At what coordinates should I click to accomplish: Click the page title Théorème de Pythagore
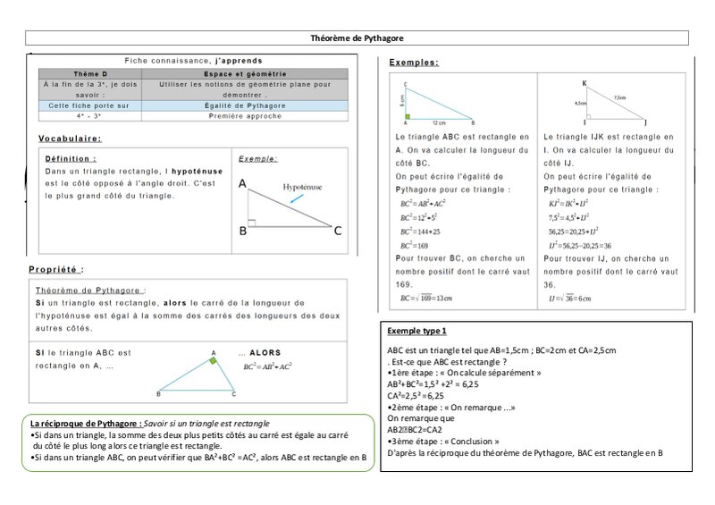click(x=357, y=38)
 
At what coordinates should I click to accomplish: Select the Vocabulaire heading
click(x=70, y=139)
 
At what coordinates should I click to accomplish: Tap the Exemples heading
click(x=414, y=63)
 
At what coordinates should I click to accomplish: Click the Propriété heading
click(x=56, y=268)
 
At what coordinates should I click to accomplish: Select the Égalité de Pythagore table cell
click(x=257, y=105)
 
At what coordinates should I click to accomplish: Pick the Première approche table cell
click(x=257, y=115)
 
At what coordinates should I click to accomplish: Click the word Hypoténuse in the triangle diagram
click(x=302, y=189)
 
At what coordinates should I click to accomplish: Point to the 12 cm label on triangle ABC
click(x=440, y=122)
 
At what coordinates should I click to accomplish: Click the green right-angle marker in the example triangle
click(x=408, y=116)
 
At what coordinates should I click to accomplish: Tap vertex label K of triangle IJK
click(x=585, y=84)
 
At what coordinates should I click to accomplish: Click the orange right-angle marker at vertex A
click(x=212, y=362)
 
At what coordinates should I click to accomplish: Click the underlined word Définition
click(x=71, y=158)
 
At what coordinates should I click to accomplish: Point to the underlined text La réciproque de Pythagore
click(x=85, y=422)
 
